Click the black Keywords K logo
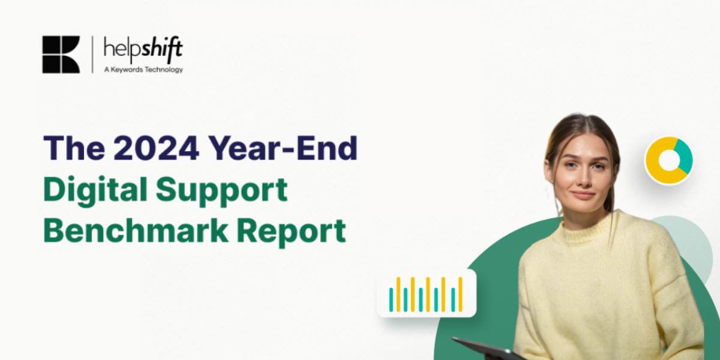click(x=61, y=55)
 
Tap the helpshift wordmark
click(x=143, y=49)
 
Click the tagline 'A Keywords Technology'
click(x=143, y=70)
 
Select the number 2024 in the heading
click(x=156, y=148)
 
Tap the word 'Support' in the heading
click(x=221, y=191)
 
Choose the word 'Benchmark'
click(x=136, y=231)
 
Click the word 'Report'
click(x=291, y=232)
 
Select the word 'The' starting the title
click(x=74, y=148)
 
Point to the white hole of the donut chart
click(x=669, y=160)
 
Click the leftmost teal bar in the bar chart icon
click(x=391, y=300)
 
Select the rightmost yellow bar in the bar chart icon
click(x=460, y=295)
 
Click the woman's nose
click(x=583, y=178)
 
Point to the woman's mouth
click(x=583, y=195)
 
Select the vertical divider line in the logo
click(x=92, y=55)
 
